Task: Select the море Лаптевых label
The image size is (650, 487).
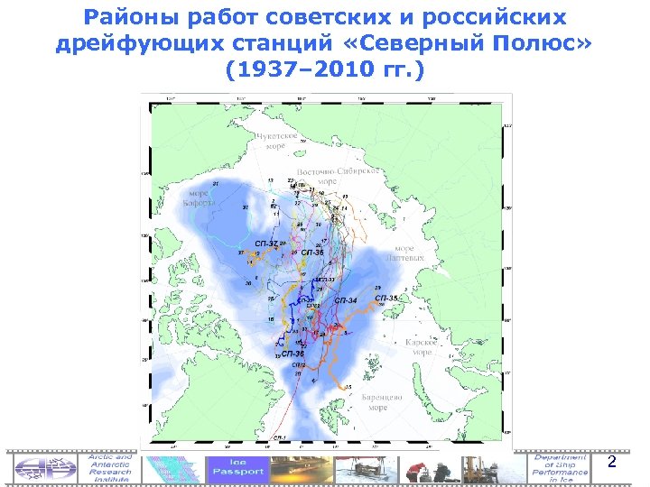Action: pos(410,253)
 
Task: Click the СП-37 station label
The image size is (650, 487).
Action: pos(266,244)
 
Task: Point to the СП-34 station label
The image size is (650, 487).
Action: pos(346,299)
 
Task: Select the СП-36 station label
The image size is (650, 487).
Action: pos(292,354)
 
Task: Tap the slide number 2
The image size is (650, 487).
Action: pos(611,463)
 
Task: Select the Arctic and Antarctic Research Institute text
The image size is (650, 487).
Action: pos(109,467)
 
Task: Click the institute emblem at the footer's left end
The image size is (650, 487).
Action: pos(44,467)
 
